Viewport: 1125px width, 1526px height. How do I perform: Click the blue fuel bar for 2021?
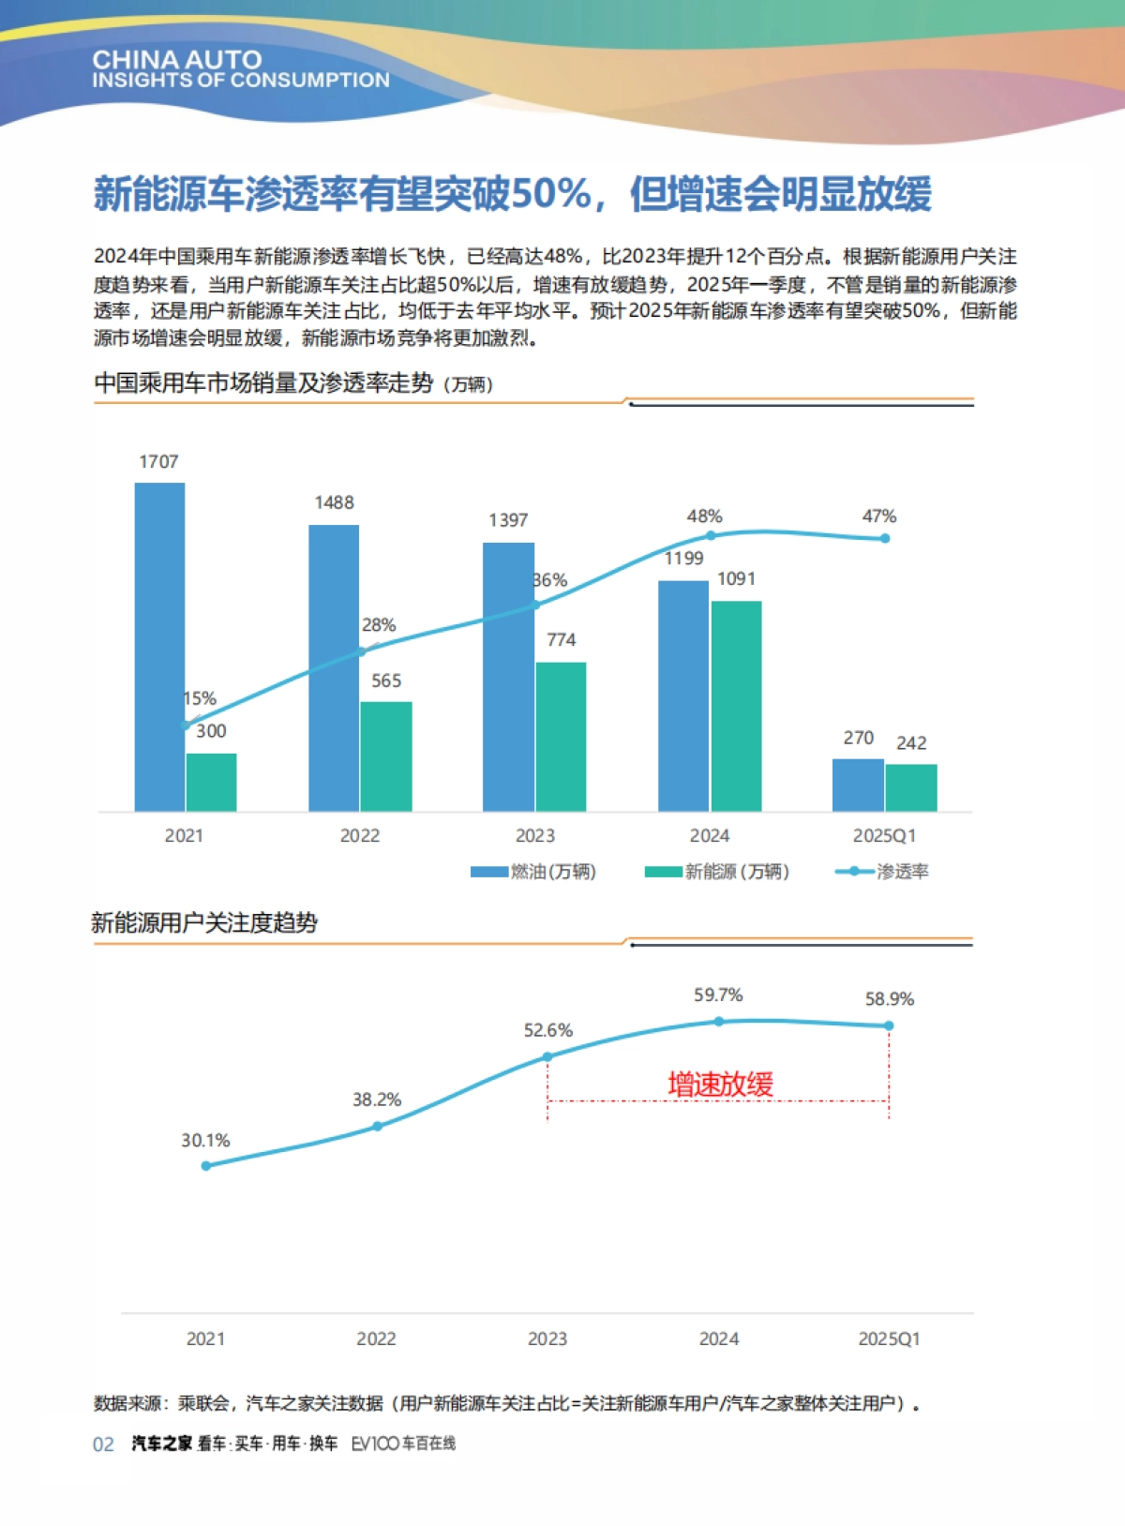point(159,647)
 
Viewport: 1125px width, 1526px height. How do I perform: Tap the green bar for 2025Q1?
point(910,787)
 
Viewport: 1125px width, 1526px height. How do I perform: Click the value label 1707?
point(158,462)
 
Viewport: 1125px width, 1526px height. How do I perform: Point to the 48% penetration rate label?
point(704,516)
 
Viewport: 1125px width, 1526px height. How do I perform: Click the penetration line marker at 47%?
point(885,539)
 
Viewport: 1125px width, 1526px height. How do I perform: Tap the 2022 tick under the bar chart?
point(360,836)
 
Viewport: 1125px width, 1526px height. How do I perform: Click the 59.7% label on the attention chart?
point(718,995)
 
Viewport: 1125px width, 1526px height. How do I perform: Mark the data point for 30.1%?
point(206,1166)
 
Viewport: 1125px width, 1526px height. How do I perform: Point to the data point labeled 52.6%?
point(547,1056)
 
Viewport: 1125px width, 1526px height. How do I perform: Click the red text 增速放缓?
point(720,1085)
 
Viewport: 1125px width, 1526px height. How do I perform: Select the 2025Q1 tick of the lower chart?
point(889,1339)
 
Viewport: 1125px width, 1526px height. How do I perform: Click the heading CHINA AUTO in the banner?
point(176,60)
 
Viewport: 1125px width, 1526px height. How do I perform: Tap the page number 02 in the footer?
point(103,1444)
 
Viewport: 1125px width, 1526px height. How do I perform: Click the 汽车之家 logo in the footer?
point(161,1444)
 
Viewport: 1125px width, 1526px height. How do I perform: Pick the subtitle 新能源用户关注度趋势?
point(204,923)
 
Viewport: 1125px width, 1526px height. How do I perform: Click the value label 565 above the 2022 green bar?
point(386,681)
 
